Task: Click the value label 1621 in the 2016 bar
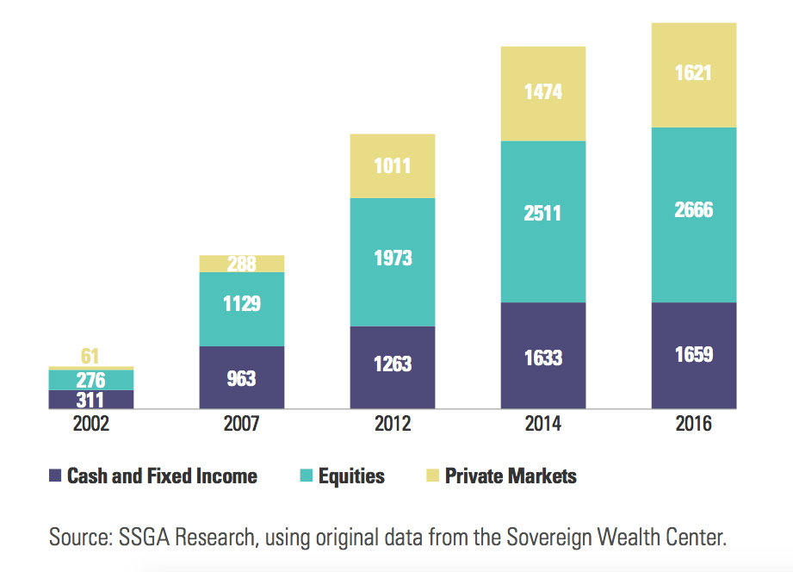coord(694,74)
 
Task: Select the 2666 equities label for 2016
coord(694,209)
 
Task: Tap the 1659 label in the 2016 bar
coord(694,354)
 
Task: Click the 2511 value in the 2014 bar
coord(543,213)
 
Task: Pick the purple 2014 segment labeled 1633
coord(543,355)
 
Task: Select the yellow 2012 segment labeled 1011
coord(393,165)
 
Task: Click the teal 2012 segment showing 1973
coord(393,258)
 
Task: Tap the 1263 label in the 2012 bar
coord(393,364)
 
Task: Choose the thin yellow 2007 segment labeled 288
coord(242,264)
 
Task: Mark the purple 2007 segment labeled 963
coord(242,377)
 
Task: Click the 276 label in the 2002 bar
coord(90,380)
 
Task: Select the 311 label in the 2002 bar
coord(90,400)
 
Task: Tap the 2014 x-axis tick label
coord(543,424)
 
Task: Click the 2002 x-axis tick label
coord(90,424)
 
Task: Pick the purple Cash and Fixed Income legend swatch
coord(56,476)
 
